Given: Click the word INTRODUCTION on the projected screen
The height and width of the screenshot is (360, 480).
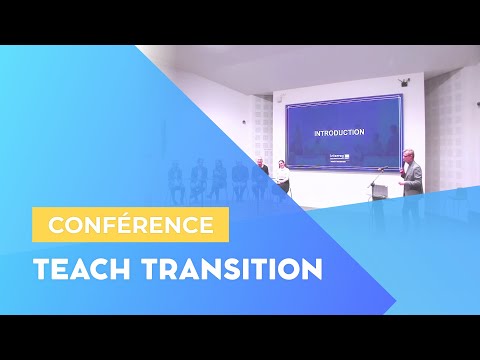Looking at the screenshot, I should pos(338,132).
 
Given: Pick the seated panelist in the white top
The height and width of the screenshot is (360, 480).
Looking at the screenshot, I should pos(283,176).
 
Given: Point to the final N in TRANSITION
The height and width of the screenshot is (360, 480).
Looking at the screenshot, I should pos(311,269).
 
